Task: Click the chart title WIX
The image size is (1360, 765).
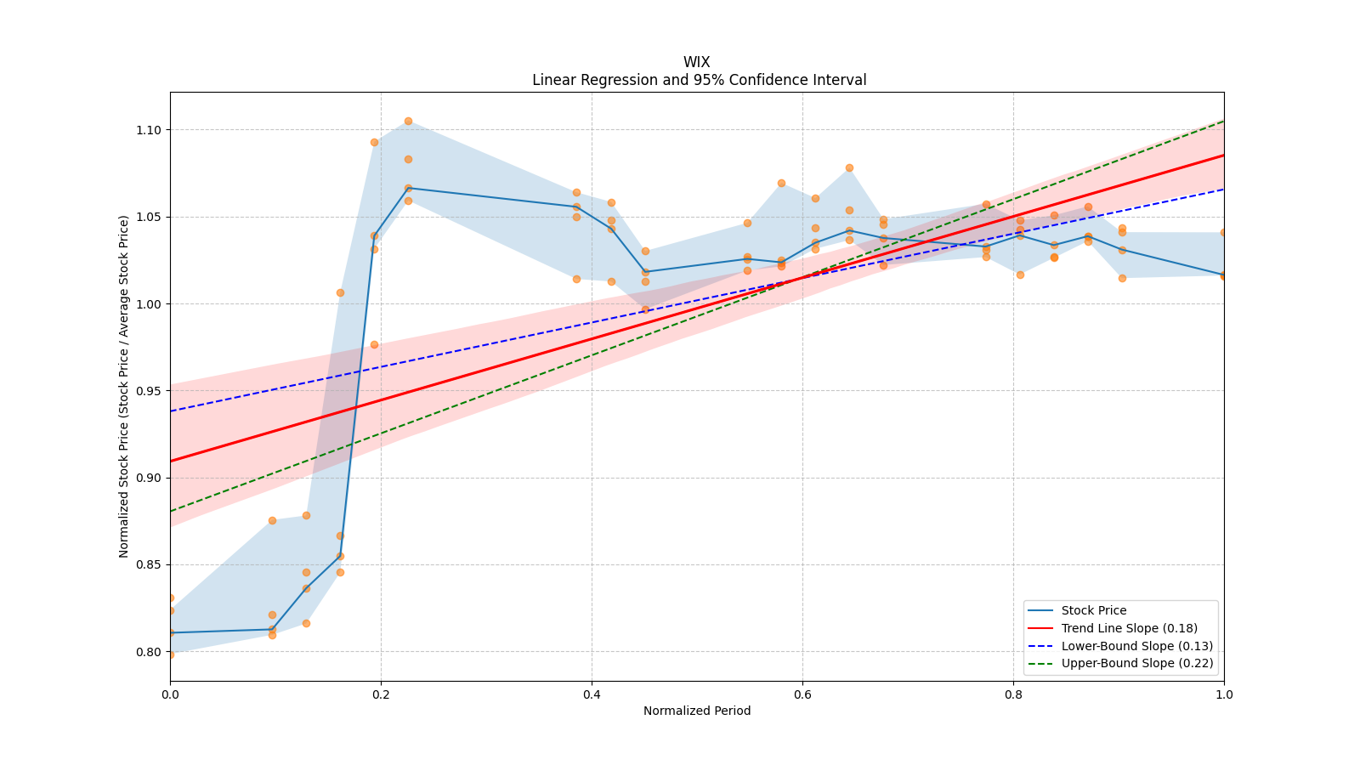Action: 696,62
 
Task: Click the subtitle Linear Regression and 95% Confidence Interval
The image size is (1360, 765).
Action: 699,80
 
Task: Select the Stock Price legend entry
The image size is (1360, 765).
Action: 1093,610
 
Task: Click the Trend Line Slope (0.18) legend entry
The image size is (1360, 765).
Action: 1129,628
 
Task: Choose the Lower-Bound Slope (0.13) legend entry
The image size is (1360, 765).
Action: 1136,646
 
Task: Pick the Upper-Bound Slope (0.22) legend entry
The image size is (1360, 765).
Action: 1136,664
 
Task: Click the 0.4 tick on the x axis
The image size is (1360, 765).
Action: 592,694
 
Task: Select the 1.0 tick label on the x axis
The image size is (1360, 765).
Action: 1224,694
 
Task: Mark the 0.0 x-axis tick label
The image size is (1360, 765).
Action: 170,694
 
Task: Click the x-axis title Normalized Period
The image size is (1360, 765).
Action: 696,711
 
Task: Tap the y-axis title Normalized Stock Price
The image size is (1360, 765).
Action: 124,386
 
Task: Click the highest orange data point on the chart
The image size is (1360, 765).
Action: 408,121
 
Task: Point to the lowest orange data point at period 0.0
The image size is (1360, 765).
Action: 170,654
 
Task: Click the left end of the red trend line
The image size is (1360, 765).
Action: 171,461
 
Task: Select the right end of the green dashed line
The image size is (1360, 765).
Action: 1223,121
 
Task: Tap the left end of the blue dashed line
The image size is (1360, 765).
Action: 171,411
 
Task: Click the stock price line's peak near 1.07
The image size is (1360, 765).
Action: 408,188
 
